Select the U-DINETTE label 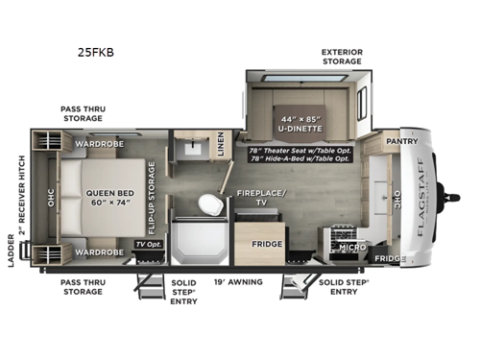298,126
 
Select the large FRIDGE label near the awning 267,245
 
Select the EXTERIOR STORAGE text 341,56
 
